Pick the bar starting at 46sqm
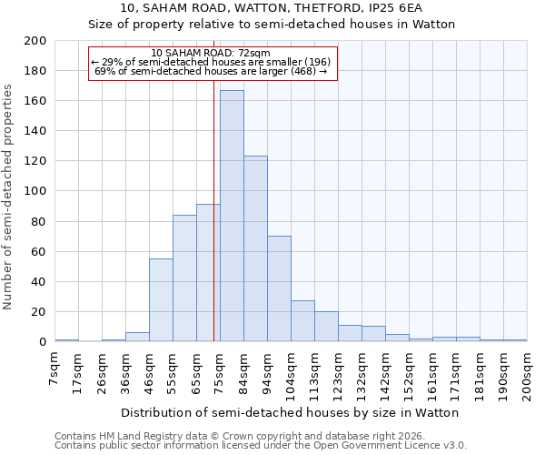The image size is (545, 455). [x=161, y=300]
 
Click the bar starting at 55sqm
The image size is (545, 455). [x=184, y=278]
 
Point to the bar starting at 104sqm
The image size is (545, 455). [x=302, y=320]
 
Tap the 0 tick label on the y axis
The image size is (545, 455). [x=43, y=342]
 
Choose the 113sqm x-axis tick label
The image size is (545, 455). [x=315, y=371]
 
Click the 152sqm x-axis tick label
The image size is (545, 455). [x=410, y=371]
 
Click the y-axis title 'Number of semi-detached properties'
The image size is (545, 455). [x=9, y=196]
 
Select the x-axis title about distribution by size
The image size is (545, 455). [x=290, y=412]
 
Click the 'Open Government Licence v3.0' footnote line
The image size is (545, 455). [x=261, y=445]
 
